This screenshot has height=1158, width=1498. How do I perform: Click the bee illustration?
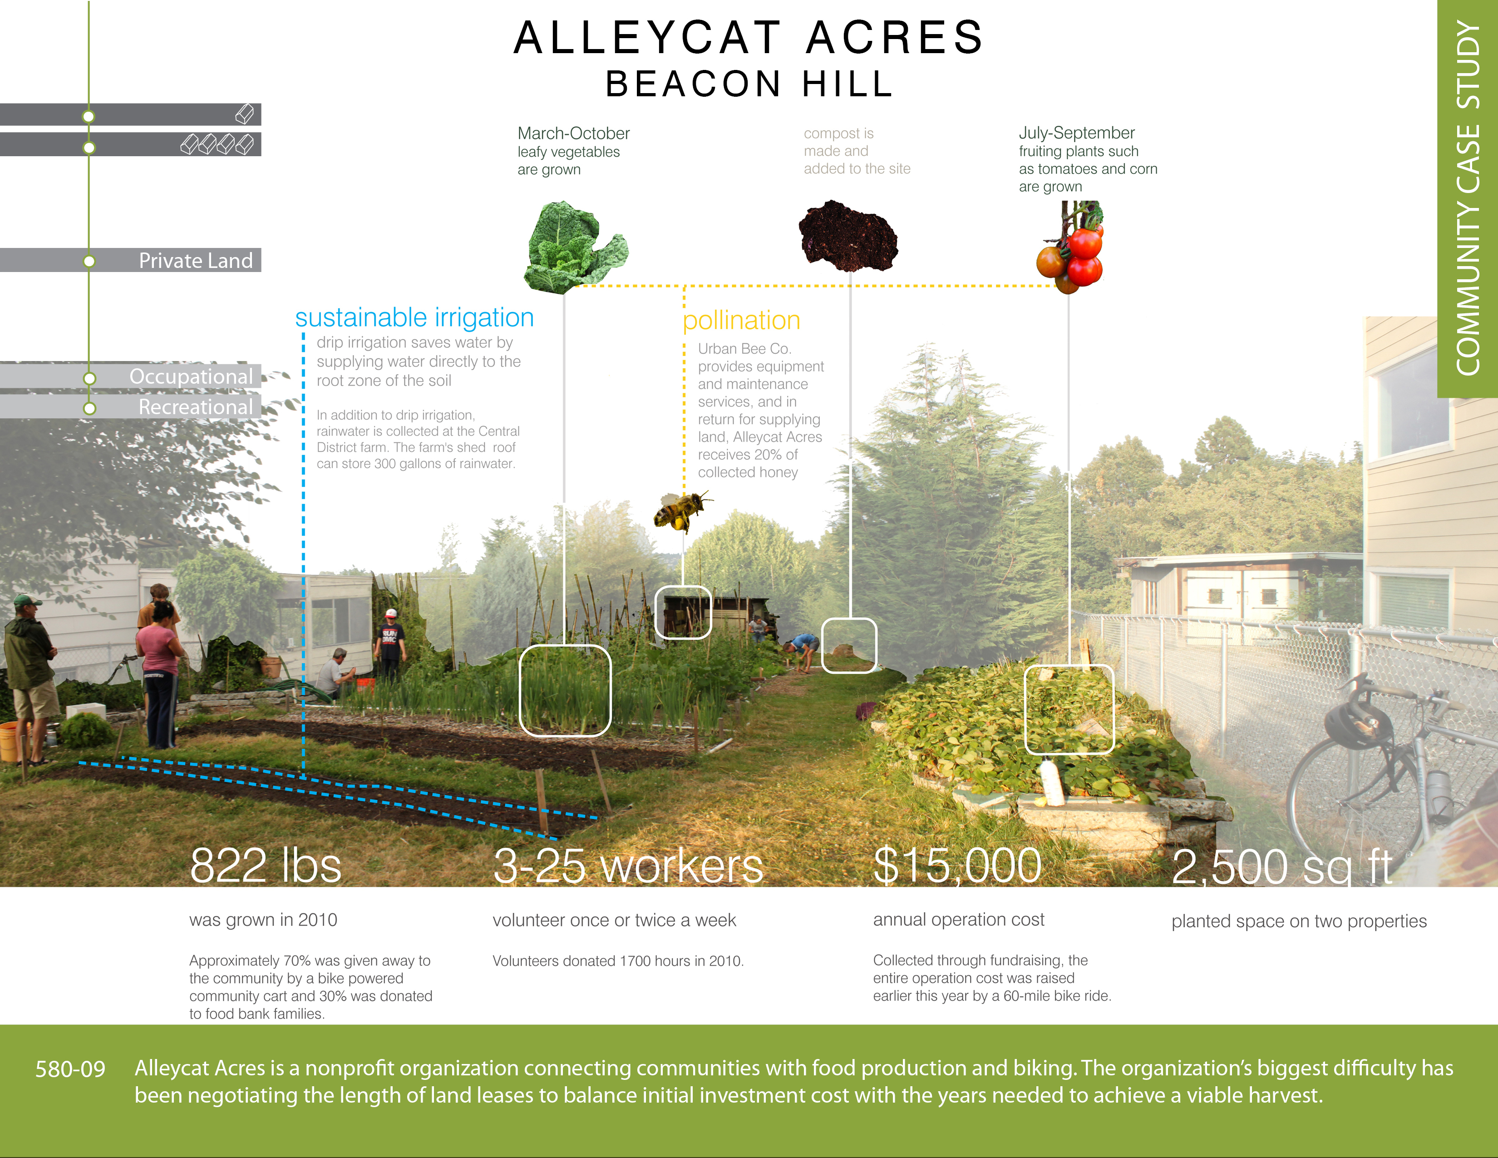pyautogui.click(x=681, y=511)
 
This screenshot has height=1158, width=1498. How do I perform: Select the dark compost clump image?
pyautogui.click(x=848, y=235)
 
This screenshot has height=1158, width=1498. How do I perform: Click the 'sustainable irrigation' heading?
pyautogui.click(x=414, y=317)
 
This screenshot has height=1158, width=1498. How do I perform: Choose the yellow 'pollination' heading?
pyautogui.click(x=741, y=320)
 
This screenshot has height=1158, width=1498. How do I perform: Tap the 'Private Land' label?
pyautogui.click(x=196, y=261)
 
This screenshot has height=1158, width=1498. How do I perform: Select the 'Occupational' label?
pyautogui.click(x=191, y=376)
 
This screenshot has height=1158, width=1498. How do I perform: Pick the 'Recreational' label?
pyautogui.click(x=196, y=407)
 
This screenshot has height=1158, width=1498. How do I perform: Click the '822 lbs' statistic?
pyautogui.click(x=266, y=865)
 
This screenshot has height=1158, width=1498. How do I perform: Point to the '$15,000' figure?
pyautogui.click(x=957, y=866)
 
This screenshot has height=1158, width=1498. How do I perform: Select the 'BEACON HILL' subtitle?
pyautogui.click(x=750, y=84)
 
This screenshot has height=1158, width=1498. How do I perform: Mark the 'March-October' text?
pyautogui.click(x=573, y=133)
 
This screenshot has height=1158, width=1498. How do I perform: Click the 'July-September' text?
pyautogui.click(x=1076, y=133)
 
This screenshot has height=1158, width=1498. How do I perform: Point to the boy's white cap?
pyautogui.click(x=391, y=614)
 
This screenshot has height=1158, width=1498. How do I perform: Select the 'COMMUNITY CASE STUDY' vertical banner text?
pyautogui.click(x=1468, y=199)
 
